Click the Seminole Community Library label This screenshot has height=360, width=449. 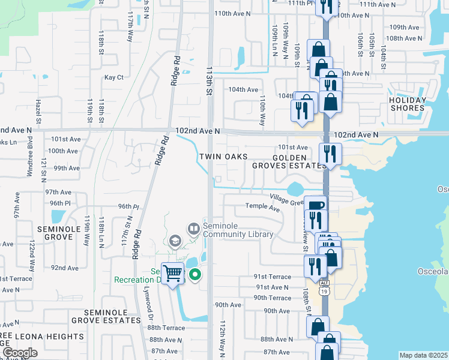pos(238,229)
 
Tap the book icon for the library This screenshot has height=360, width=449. pos(194,228)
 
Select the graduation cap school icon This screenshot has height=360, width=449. pos(175,241)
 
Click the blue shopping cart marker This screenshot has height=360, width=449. pos(173,274)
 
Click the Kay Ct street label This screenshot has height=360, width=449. pos(113,77)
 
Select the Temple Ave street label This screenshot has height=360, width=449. pos(262,208)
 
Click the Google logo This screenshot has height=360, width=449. pos(19,353)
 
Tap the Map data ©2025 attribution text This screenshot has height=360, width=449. pos(423,355)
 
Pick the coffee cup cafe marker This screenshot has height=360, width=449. pos(315,205)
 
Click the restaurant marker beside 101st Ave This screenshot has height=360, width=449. pos(330,152)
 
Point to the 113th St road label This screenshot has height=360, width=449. pos(210,81)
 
